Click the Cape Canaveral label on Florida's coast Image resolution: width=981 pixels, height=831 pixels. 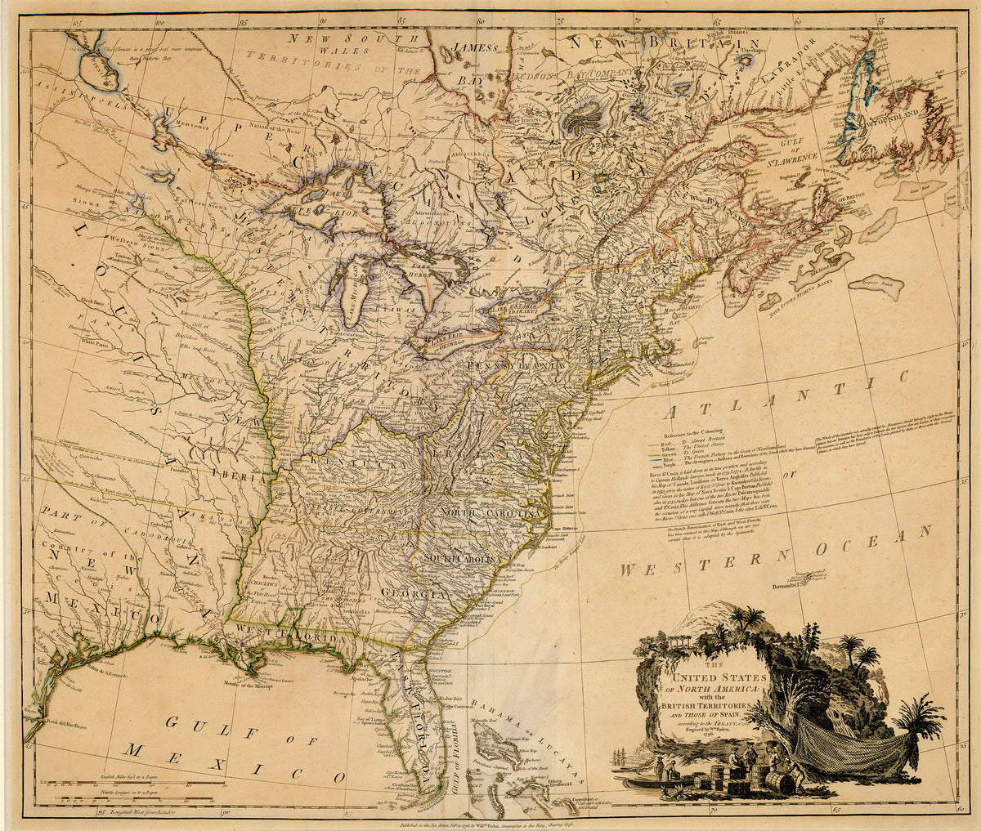click(461, 704)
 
